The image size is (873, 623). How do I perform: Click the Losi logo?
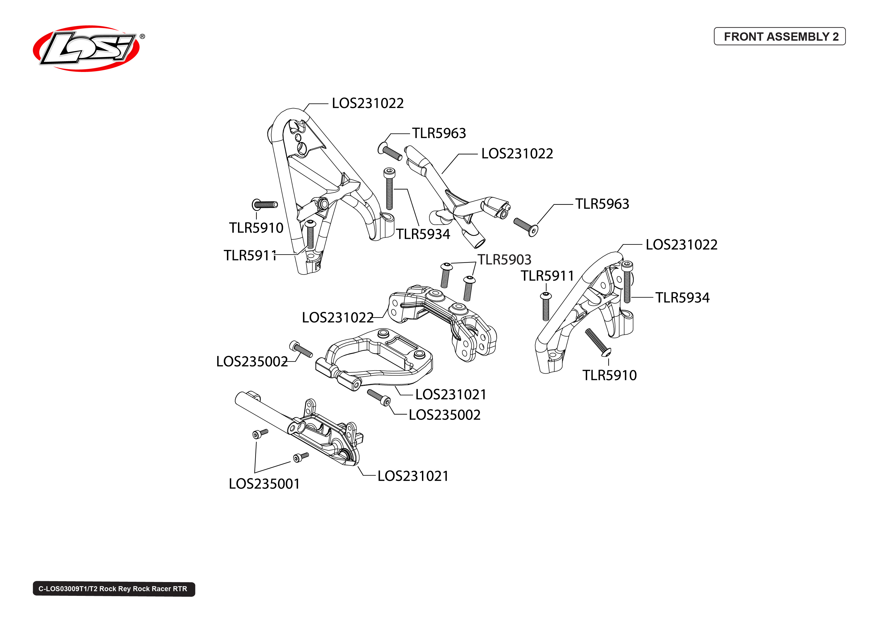[x=86, y=48]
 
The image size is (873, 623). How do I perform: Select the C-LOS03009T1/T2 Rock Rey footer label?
[x=114, y=589]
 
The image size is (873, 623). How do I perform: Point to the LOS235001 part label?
[x=264, y=484]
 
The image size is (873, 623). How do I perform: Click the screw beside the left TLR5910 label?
[x=265, y=205]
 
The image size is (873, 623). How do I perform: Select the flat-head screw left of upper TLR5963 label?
[x=390, y=152]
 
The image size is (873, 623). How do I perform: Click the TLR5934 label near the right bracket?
[x=682, y=298]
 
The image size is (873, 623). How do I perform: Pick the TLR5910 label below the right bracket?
[x=609, y=375]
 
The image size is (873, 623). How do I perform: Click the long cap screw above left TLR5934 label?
[x=389, y=189]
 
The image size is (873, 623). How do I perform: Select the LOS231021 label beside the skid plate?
[x=413, y=476]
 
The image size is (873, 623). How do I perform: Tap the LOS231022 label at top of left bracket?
[x=367, y=103]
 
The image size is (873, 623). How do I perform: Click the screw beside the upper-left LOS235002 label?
[x=301, y=349]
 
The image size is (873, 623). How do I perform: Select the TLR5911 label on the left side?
[x=250, y=255]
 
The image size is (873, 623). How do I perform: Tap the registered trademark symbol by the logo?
[x=142, y=37]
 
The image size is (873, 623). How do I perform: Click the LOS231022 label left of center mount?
[x=337, y=318]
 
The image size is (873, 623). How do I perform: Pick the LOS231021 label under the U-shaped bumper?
[x=451, y=394]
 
